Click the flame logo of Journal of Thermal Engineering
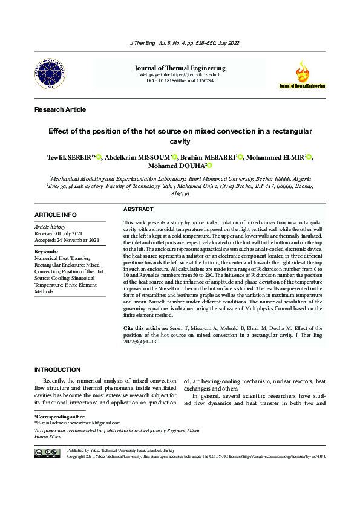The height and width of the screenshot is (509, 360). pyautogui.click(x=301, y=73)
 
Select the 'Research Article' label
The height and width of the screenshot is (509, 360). pyautogui.click(x=61, y=109)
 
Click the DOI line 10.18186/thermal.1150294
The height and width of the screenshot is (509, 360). pyautogui.click(x=180, y=80)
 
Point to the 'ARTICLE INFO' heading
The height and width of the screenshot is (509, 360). pyautogui.click(x=56, y=215)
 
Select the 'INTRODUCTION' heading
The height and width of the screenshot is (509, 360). pyautogui.click(x=57, y=369)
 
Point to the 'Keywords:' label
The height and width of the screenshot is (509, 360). pyautogui.click(x=47, y=251)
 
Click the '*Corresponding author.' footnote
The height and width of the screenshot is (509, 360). pyautogui.click(x=60, y=417)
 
